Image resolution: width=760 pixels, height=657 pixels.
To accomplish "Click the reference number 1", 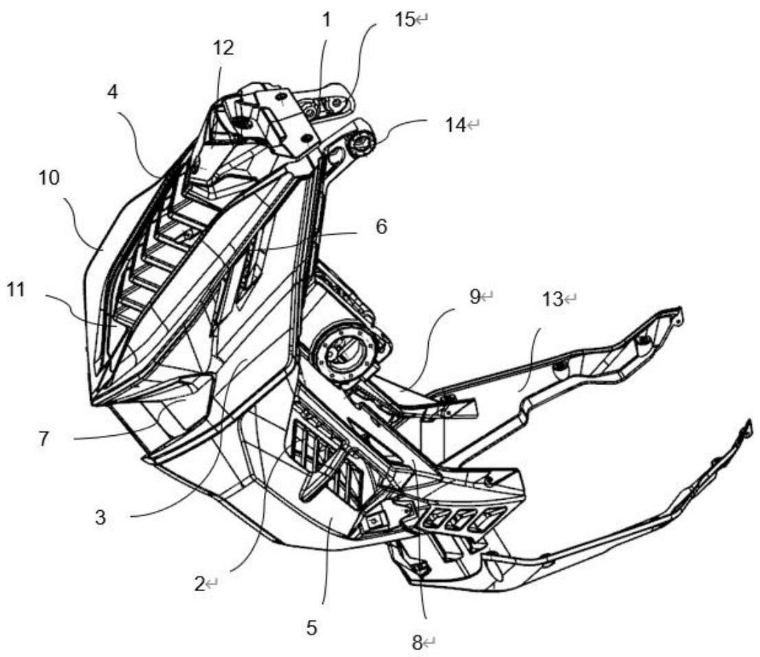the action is coord(326,20).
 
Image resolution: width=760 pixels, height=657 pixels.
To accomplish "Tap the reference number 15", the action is coord(405,20).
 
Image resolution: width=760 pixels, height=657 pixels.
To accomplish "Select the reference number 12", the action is coord(223,47).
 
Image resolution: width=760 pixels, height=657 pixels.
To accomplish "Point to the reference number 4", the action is coord(113,93).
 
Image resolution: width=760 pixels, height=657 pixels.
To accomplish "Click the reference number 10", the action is coord(49,178).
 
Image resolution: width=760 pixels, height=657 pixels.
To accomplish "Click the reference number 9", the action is coord(475,297).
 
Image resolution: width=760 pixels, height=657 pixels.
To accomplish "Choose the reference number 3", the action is coord(100,518).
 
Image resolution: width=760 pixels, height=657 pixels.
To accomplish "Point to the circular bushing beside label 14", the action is coord(361,143).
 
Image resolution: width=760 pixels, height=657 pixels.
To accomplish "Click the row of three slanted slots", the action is coord(458,520).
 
